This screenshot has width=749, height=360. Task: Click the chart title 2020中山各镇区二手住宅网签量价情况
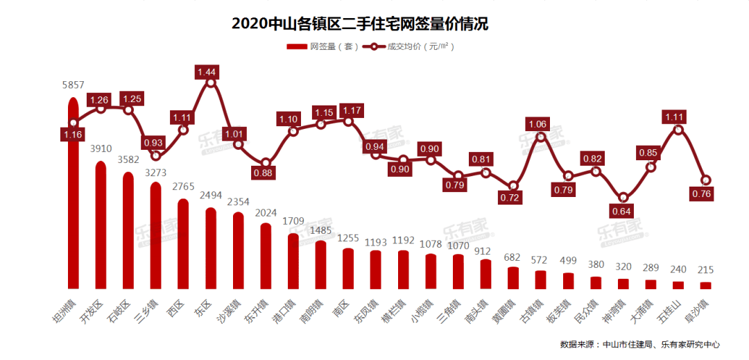(361, 24)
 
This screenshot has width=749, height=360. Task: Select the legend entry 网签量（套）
(322, 46)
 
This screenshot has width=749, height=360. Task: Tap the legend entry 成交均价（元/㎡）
(409, 46)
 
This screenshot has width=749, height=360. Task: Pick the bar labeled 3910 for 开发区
(101, 225)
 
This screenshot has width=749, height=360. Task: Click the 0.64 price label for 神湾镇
(623, 211)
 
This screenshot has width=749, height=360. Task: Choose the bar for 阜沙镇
(705, 285)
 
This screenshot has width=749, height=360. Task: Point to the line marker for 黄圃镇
(513, 186)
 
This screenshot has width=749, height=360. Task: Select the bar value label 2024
(266, 213)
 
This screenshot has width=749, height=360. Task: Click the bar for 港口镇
(293, 261)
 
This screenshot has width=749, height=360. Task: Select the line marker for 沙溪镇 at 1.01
(238, 144)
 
